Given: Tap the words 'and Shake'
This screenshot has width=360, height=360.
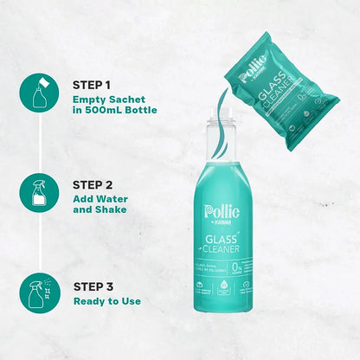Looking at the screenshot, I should (x=100, y=209).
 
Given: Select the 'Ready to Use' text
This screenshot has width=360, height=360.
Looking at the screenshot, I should (x=107, y=300).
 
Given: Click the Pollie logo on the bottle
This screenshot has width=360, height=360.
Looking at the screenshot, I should (x=215, y=212).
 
